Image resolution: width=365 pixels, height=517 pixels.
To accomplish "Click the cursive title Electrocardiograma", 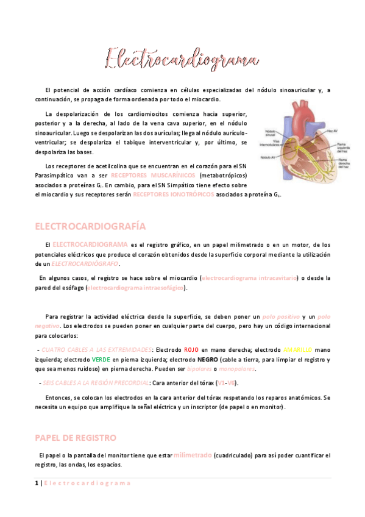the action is click(182, 60).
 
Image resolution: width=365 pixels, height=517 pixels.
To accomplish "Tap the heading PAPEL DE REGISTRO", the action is click(76, 438).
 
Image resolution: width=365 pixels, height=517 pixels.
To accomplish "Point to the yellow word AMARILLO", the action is click(298, 350).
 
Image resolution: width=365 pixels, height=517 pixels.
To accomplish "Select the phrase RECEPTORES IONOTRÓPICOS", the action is click(173, 194).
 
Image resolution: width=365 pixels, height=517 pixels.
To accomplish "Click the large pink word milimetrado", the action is click(193, 455).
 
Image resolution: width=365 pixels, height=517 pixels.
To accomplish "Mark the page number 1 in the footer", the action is click(37, 483).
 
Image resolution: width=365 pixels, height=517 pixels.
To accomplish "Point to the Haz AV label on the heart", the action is click(331, 131).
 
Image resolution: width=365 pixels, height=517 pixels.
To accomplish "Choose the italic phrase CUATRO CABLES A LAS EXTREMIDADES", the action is click(96, 350).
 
